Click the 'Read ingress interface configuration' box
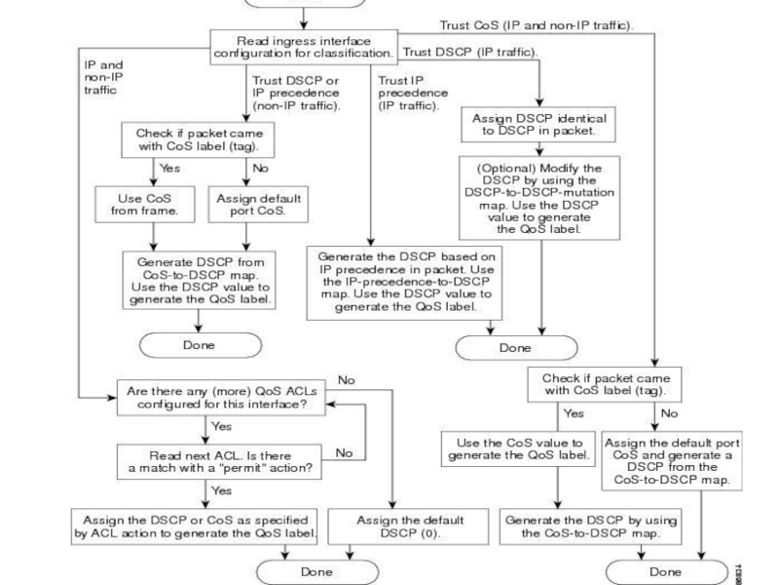[x=303, y=45]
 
